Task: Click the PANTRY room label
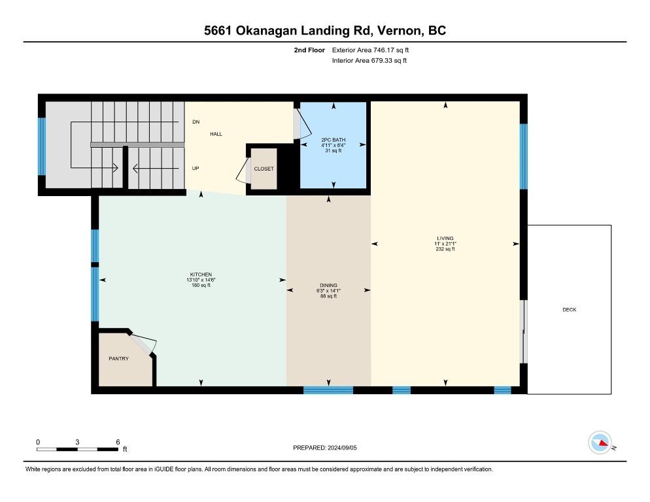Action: [118, 359]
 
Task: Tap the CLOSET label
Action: [264, 169]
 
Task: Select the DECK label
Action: [569, 310]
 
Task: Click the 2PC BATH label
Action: [334, 140]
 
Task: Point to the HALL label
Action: [216, 134]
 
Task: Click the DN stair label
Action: [196, 122]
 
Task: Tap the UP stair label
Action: [196, 168]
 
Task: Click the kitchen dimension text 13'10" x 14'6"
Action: [201, 280]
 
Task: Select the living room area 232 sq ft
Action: [445, 249]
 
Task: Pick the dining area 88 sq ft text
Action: [328, 296]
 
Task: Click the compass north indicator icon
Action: [600, 443]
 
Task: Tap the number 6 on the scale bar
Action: [118, 442]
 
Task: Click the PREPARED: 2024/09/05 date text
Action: [324, 448]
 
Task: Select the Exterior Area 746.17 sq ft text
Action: [370, 50]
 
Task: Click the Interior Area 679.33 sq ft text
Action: [369, 61]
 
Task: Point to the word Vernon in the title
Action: [400, 31]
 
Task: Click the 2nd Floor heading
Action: [309, 50]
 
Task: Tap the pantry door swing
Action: [144, 343]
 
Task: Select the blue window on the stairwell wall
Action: [41, 146]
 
